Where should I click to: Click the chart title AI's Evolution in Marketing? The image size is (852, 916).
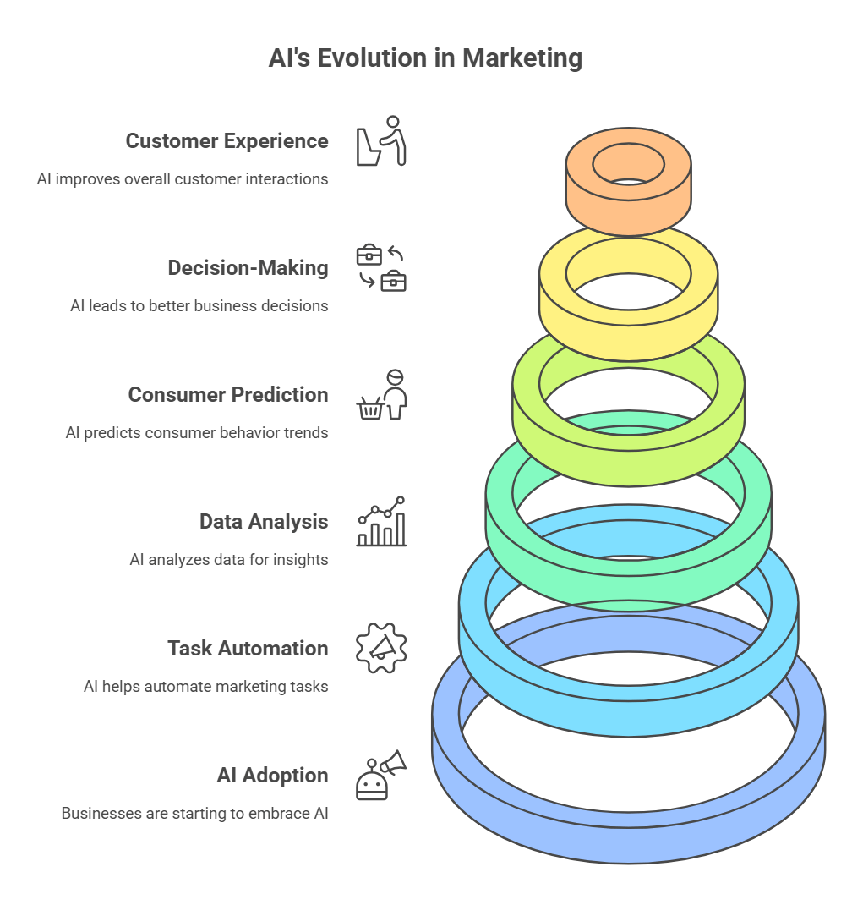click(x=425, y=58)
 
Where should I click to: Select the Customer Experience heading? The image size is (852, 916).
click(x=227, y=141)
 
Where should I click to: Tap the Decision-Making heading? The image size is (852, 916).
click(x=248, y=268)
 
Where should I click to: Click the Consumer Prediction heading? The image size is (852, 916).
click(x=228, y=395)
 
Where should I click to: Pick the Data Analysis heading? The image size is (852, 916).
click(x=264, y=522)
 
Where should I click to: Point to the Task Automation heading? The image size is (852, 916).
click(x=248, y=649)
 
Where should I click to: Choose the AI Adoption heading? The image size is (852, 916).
click(x=272, y=776)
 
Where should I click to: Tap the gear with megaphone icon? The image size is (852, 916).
click(x=381, y=648)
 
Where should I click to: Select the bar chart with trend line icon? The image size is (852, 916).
click(x=381, y=522)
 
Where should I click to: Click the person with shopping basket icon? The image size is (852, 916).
click(x=381, y=395)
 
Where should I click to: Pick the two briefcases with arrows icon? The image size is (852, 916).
click(x=381, y=268)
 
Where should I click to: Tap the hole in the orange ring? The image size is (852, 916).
click(x=628, y=163)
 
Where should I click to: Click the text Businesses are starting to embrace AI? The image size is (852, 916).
click(x=194, y=814)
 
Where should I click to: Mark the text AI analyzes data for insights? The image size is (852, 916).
click(x=228, y=560)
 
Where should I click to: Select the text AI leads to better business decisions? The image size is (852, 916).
click(x=199, y=306)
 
